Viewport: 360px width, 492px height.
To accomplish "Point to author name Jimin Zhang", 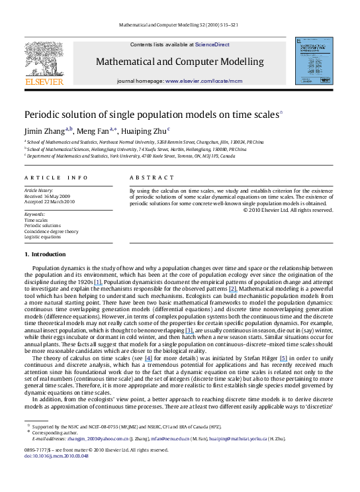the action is click(x=43, y=130).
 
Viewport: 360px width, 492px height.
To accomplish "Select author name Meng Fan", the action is click(x=95, y=130).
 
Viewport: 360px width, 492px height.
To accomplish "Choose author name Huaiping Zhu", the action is click(x=145, y=130).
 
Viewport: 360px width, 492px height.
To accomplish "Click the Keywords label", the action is click(x=34, y=215).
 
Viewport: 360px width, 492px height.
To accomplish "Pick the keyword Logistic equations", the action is click(x=42, y=236).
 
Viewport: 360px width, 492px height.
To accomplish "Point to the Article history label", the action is click(x=39, y=190).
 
